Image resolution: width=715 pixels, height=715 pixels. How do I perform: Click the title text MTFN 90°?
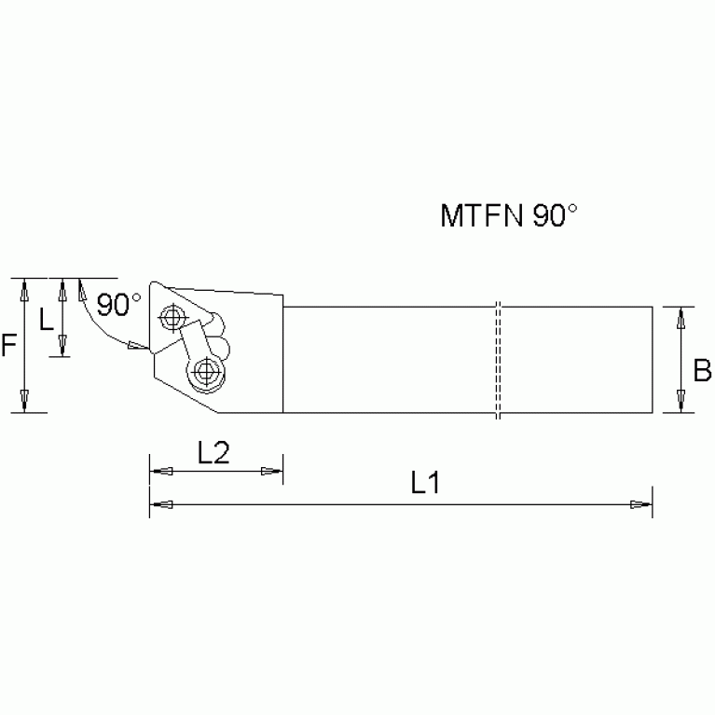click(509, 217)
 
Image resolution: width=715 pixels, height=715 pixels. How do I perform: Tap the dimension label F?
click(8, 346)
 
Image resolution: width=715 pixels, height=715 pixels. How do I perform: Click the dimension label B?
click(702, 372)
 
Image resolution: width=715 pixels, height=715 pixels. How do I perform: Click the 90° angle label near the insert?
click(118, 304)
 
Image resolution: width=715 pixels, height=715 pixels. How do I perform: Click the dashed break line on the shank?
click(499, 360)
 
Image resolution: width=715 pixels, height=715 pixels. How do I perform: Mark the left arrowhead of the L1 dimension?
click(160, 504)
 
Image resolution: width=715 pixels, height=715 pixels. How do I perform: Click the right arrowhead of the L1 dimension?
click(641, 504)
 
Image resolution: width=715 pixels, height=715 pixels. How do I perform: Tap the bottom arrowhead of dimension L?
click(62, 347)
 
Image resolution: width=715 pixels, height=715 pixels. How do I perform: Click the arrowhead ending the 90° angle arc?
click(137, 348)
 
